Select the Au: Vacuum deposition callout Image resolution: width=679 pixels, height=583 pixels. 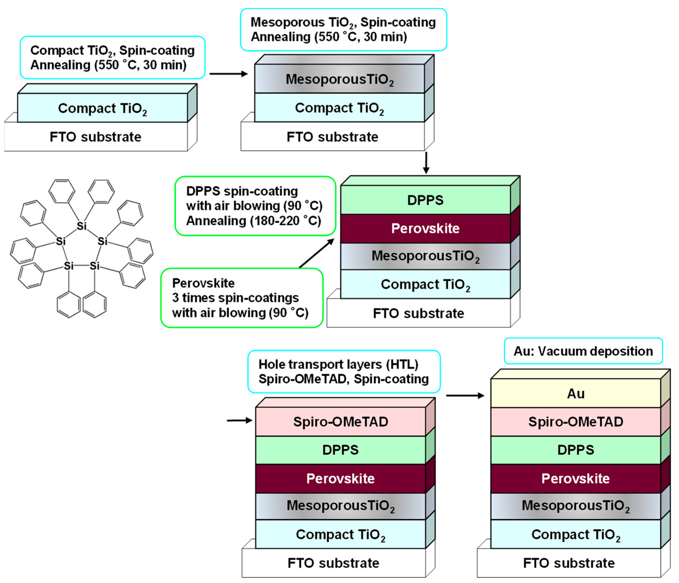583,351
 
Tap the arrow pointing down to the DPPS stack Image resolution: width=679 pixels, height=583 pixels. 426,163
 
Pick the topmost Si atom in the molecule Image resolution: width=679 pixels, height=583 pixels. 82,226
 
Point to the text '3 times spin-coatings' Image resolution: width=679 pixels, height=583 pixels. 235,298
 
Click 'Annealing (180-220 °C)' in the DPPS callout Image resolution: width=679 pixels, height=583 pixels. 253,221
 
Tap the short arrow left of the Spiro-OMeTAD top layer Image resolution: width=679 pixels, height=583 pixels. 239,420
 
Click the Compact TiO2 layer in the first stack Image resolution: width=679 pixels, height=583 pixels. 102,108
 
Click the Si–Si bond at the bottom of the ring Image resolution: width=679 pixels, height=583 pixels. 82,266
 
